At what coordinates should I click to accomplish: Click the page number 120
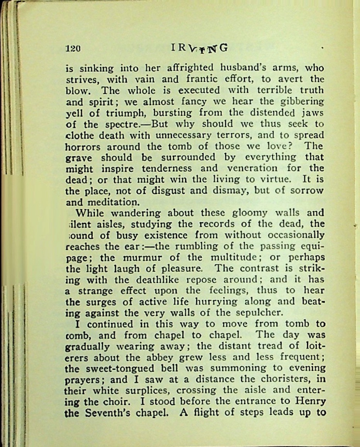coord(73,49)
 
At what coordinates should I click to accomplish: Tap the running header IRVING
coord(199,48)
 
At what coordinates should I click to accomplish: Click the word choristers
coord(293,380)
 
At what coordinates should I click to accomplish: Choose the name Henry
coord(311,402)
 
